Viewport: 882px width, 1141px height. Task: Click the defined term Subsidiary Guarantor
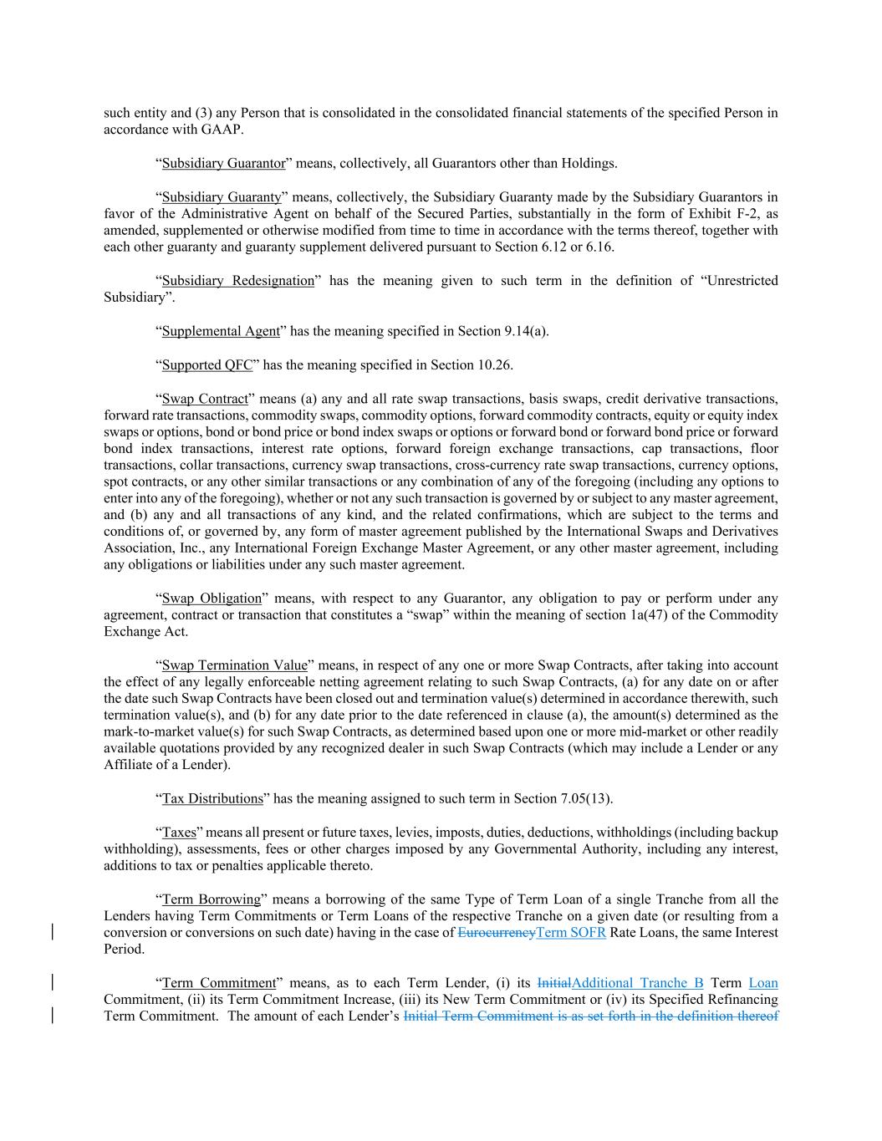point(223,164)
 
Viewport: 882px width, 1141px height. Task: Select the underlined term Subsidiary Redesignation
point(237,281)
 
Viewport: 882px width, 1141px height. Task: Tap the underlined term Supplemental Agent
point(221,331)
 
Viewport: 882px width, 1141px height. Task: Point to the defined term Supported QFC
point(206,365)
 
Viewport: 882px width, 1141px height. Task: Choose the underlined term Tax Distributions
point(212,799)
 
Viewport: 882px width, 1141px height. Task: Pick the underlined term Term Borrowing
point(212,899)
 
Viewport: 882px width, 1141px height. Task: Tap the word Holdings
point(589,164)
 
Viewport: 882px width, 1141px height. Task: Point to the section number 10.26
point(493,365)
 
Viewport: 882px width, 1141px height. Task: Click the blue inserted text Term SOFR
point(571,933)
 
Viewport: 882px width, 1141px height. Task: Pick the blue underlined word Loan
point(763,983)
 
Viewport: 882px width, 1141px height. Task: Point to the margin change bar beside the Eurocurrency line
point(54,933)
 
